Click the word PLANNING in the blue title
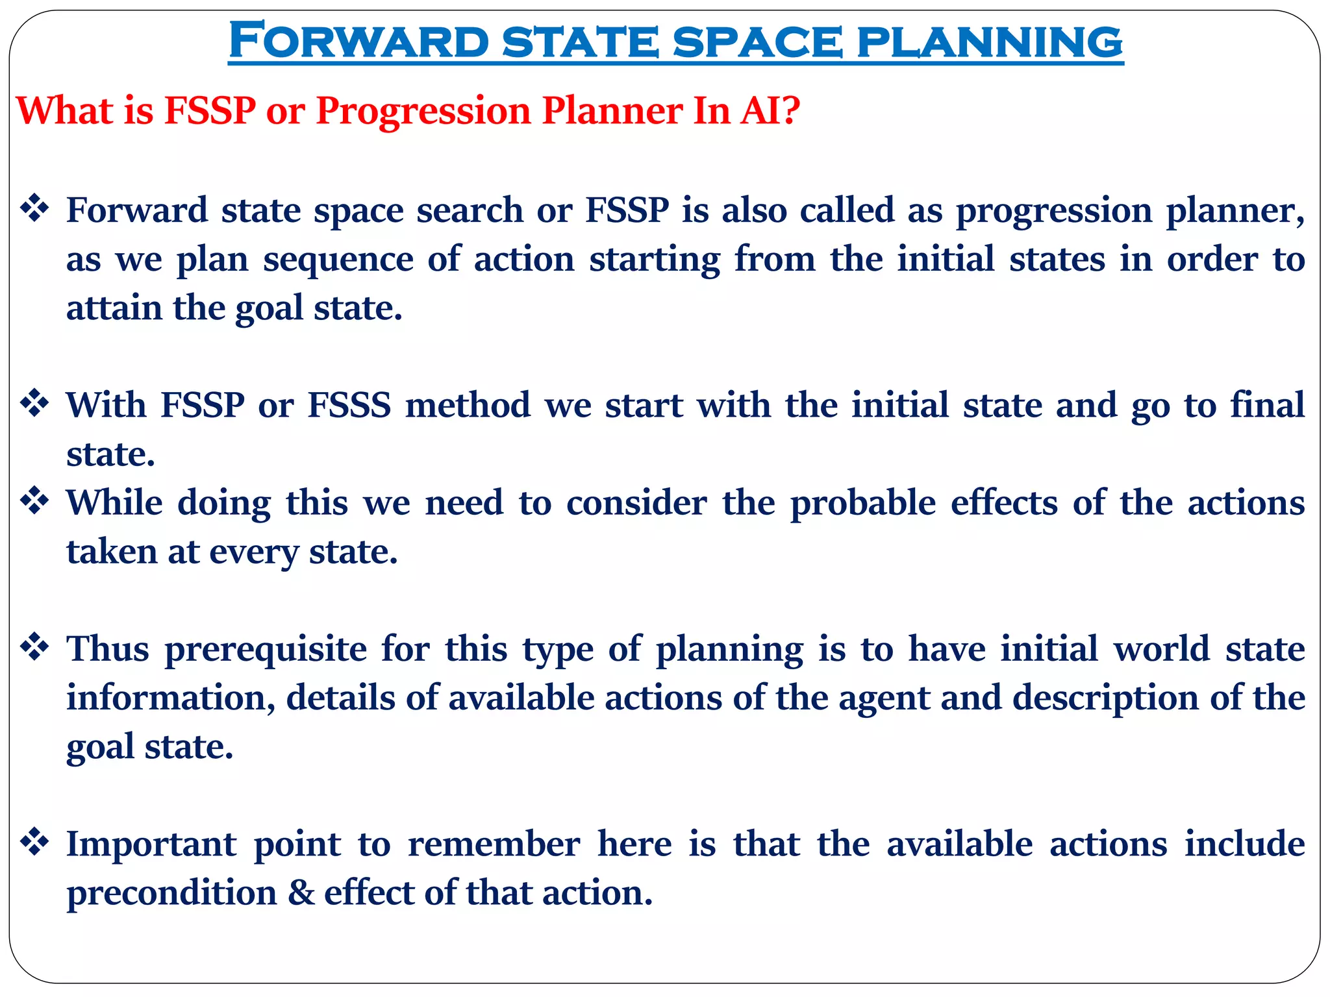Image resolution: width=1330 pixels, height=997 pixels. point(990,42)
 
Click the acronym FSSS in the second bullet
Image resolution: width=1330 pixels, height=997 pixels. point(349,405)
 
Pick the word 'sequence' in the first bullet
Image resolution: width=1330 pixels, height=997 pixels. point(338,260)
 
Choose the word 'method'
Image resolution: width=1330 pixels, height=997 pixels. point(468,405)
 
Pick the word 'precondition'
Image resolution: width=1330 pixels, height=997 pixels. point(171,894)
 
